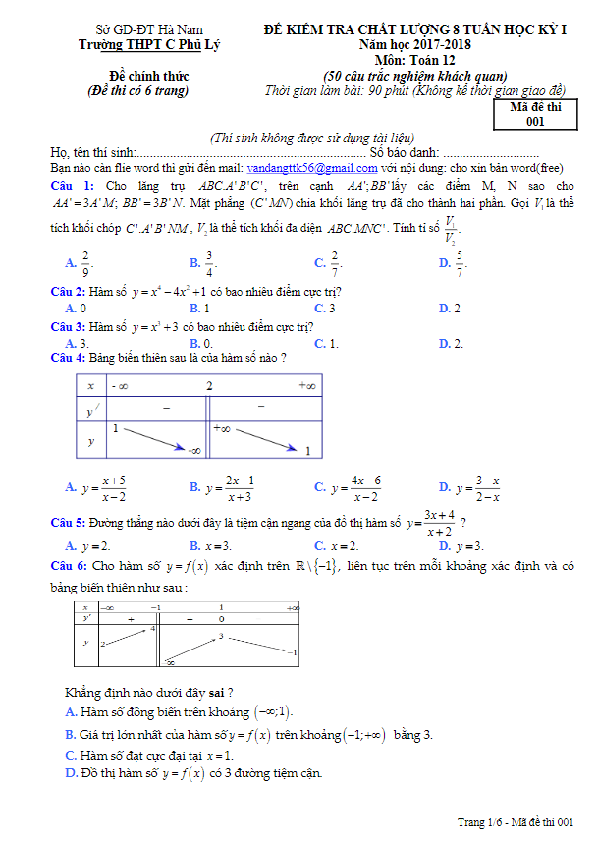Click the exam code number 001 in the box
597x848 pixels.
coord(535,123)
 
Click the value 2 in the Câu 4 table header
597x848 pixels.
coord(209,386)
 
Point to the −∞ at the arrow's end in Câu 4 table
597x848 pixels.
coord(194,450)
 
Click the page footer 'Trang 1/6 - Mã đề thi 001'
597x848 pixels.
coord(515,821)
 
